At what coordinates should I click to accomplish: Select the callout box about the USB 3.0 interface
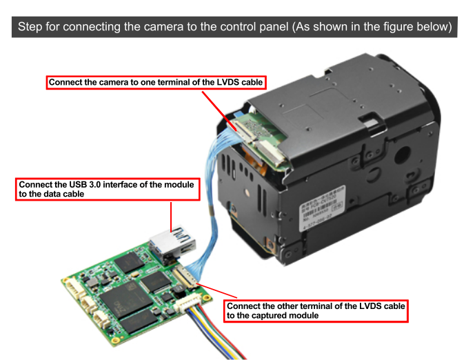point(108,190)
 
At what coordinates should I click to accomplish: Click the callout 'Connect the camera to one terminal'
point(156,83)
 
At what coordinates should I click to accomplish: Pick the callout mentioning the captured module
point(316,310)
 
